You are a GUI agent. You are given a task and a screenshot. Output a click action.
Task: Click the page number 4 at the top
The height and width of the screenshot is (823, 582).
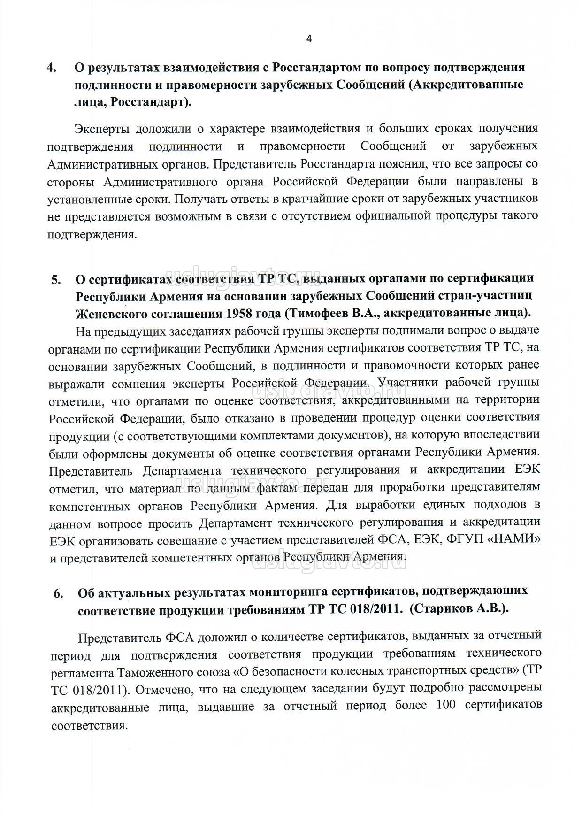(309, 39)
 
